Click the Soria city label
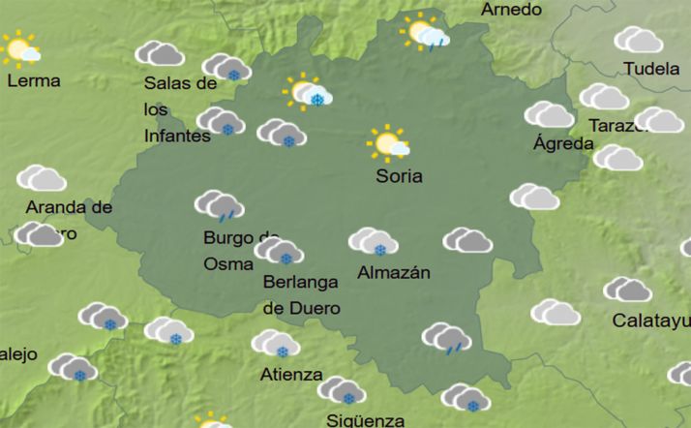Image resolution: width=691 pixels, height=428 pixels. [x=399, y=177]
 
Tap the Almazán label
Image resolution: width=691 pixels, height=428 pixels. [x=393, y=273]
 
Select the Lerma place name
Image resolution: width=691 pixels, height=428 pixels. [x=33, y=80]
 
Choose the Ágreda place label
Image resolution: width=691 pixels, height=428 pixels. [x=563, y=144]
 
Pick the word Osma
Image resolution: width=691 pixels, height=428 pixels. [x=228, y=262]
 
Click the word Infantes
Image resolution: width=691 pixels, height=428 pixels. [x=177, y=137]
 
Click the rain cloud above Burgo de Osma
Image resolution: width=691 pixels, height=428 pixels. [x=218, y=206]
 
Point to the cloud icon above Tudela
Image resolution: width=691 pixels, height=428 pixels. [x=639, y=40]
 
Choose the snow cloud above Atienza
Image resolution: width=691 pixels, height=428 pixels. [x=275, y=344]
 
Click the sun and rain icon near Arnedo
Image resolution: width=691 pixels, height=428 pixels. [x=426, y=33]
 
